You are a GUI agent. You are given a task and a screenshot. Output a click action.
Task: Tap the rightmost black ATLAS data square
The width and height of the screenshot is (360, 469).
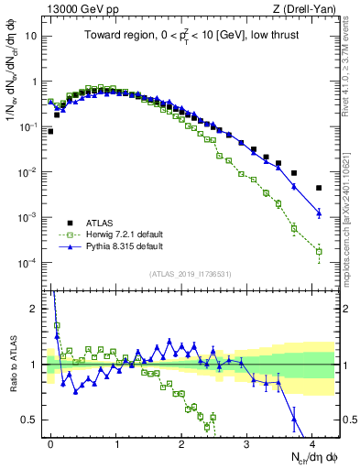[x=319, y=188]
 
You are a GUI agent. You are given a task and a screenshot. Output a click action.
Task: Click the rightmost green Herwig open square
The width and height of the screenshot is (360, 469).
[x=319, y=251]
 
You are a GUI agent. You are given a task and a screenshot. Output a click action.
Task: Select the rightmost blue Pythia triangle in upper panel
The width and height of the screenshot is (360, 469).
[x=319, y=213]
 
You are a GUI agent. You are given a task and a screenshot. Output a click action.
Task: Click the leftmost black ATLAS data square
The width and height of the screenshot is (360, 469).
[x=50, y=131]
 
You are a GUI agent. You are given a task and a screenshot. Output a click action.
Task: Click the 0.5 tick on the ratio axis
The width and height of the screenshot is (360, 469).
[x=32, y=420]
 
